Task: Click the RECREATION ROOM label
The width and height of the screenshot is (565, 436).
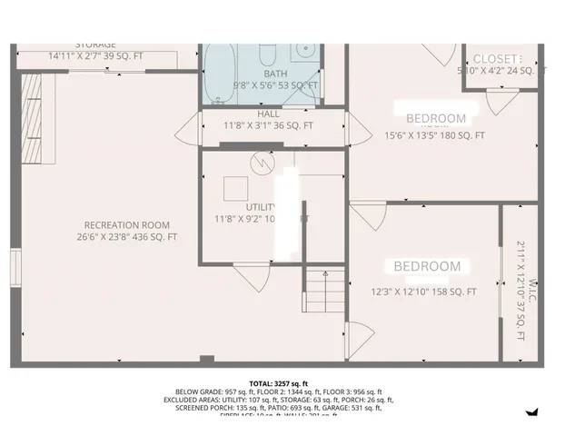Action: (x=126, y=224)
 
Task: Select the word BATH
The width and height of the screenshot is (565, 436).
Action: (x=275, y=73)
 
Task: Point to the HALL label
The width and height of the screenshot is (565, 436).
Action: (x=268, y=114)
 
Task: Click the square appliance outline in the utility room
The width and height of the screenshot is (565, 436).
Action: (x=238, y=187)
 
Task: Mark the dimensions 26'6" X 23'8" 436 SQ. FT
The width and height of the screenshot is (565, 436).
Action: (x=126, y=237)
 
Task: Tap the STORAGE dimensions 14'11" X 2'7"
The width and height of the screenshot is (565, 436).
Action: (x=95, y=55)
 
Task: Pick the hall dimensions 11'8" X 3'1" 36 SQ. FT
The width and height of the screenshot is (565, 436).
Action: (x=268, y=125)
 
